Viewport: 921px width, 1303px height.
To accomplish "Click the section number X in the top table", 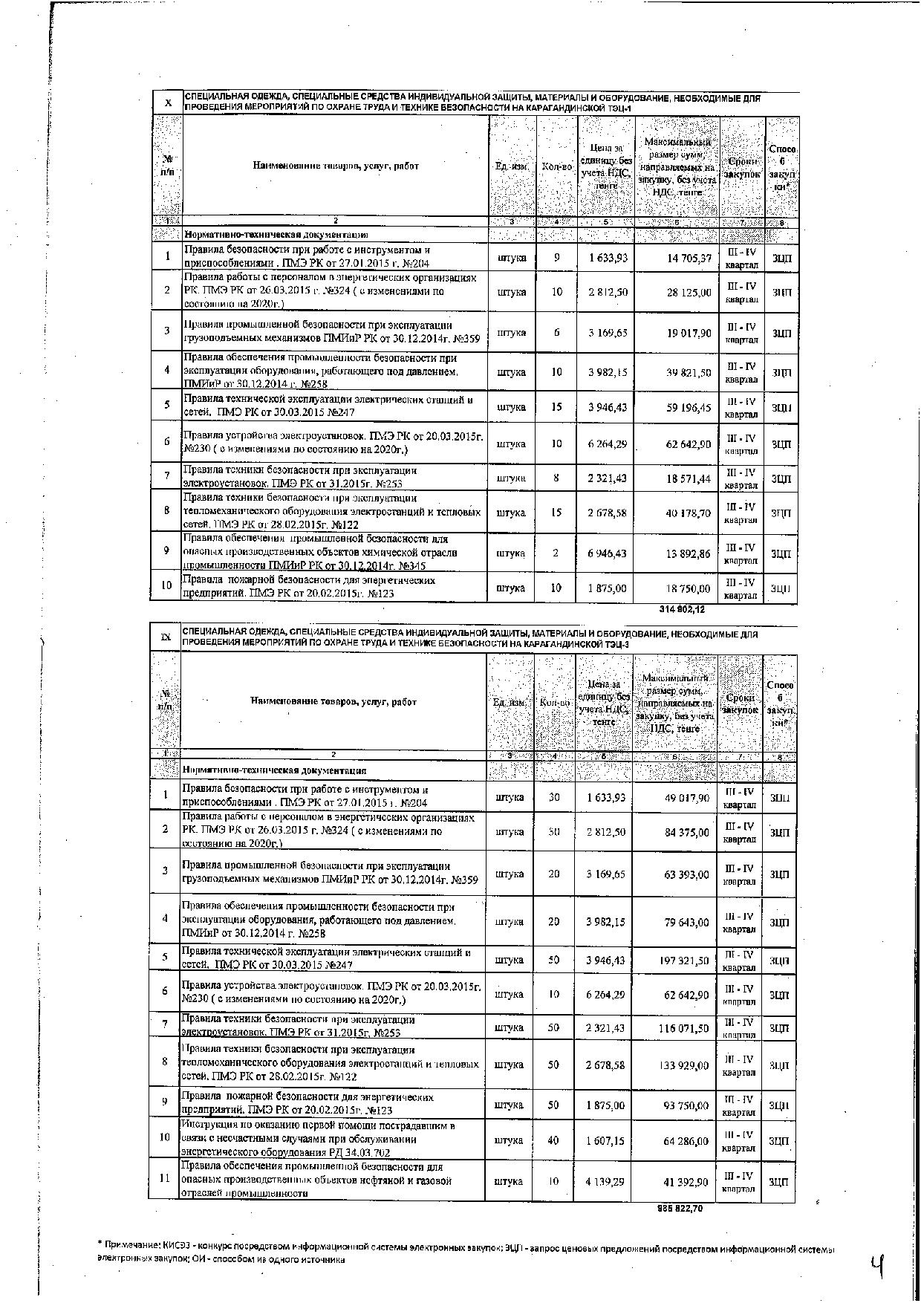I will point(168,103).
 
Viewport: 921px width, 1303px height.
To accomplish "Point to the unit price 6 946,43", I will point(607,553).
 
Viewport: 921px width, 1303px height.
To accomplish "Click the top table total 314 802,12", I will point(682,609).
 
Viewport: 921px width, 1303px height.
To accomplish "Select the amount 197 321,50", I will point(685,961).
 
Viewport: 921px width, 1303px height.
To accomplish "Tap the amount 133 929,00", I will point(685,1065).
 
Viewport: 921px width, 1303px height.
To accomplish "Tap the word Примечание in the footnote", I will point(133,1244).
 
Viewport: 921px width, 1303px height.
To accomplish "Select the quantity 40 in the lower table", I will point(553,1140).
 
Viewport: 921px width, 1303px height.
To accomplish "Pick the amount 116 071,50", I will point(685,1028).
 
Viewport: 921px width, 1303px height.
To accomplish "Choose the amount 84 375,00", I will point(687,832).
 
